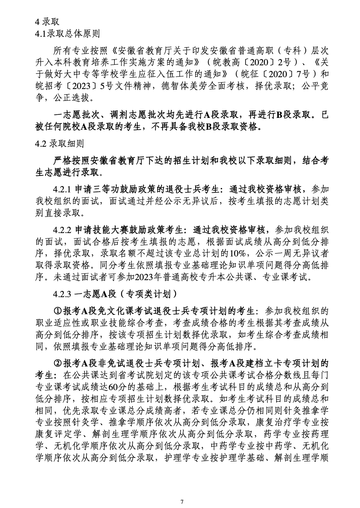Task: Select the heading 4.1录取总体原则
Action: pyautogui.click(x=67, y=33)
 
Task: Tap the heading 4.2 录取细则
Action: pyautogui.click(x=59, y=143)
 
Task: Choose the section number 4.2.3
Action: pyautogui.click(x=62, y=294)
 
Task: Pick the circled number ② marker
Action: pyautogui.click(x=58, y=363)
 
